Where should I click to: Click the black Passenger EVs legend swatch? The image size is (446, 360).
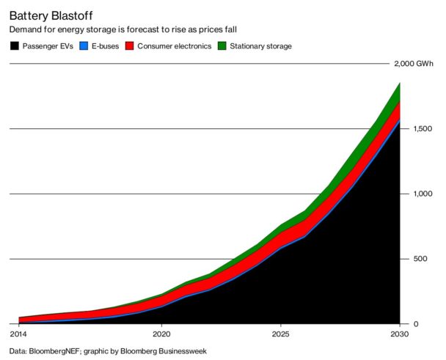[x=15, y=46]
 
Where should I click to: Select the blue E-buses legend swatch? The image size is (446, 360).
[x=84, y=46]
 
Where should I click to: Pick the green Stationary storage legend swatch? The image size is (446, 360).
[x=223, y=46]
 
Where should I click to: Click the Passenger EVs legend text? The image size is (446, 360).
[x=48, y=46]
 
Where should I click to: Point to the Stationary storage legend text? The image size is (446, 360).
[x=260, y=46]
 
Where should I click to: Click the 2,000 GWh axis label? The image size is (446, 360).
[x=414, y=65]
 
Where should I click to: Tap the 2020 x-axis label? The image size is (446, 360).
[x=162, y=334]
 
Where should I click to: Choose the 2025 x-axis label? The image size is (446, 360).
[x=280, y=334]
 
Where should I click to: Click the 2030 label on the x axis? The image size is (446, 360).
[x=398, y=334]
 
